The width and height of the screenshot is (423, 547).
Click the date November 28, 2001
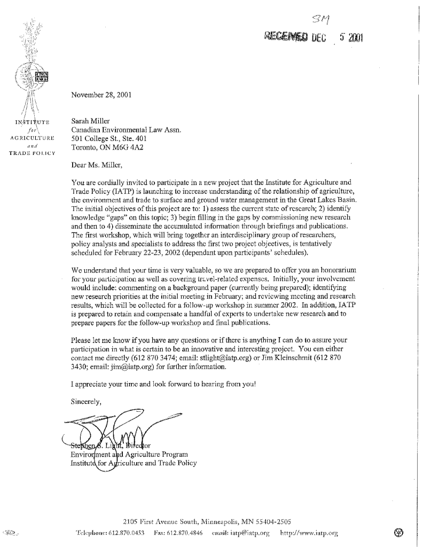click(101, 96)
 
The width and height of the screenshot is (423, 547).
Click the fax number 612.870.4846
click(185, 533)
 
